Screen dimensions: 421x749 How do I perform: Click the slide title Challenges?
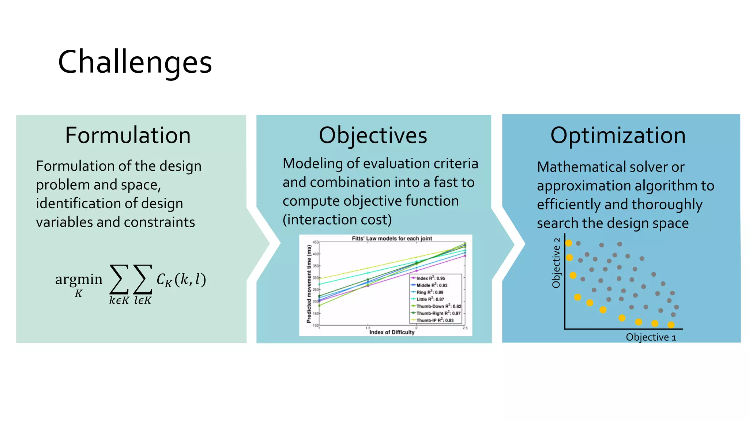click(135, 62)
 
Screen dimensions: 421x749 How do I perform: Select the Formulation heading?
click(128, 135)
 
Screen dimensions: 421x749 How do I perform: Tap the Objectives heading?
click(373, 135)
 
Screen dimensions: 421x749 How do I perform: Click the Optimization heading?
click(618, 135)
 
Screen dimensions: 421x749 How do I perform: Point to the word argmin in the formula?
click(79, 279)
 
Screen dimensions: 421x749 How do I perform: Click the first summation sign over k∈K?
click(119, 280)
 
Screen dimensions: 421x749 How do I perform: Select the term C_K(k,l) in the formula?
click(181, 280)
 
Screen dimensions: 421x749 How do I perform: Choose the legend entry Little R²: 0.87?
click(430, 299)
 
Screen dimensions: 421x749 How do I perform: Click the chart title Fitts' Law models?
click(392, 238)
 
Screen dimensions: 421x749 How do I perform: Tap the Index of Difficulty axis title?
click(392, 332)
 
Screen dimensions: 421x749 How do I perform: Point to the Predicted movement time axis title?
click(309, 284)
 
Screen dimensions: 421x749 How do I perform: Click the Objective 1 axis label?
click(651, 337)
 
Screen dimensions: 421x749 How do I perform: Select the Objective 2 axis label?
click(556, 262)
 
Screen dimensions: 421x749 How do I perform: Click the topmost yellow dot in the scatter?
click(569, 243)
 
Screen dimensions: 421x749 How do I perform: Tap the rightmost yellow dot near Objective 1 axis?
click(671, 325)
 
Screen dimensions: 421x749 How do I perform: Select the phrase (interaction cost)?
click(337, 220)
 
